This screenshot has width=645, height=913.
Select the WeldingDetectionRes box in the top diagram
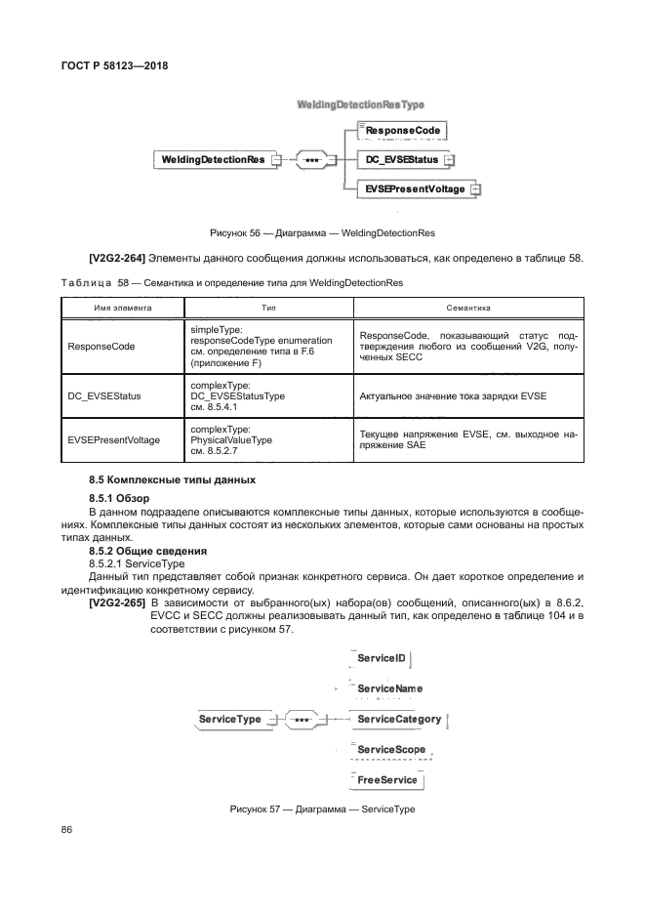click(x=213, y=159)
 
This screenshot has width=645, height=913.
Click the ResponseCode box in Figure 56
click(x=402, y=130)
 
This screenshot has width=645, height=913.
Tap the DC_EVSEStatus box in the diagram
click(x=401, y=159)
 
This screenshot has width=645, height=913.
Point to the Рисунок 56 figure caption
click(x=322, y=233)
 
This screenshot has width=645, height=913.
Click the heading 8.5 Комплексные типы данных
click(x=172, y=480)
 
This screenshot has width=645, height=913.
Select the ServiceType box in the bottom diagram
click(x=230, y=720)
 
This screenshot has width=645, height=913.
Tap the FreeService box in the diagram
click(x=386, y=780)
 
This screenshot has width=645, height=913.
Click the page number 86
click(x=67, y=829)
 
